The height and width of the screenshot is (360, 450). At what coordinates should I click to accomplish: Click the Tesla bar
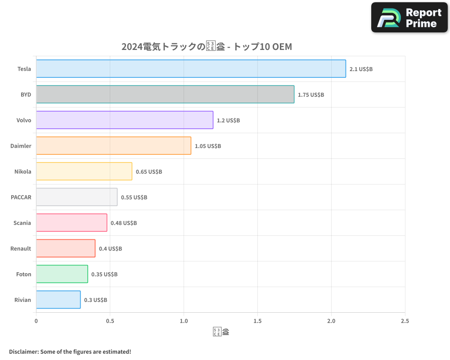191,69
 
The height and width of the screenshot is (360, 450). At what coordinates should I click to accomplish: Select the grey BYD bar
165,94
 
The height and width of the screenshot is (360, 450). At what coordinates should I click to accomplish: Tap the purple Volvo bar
125,120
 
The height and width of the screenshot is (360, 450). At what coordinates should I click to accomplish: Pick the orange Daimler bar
113,146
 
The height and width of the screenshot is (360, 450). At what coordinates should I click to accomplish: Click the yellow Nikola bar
84,171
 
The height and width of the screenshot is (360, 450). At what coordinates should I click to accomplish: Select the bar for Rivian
58,300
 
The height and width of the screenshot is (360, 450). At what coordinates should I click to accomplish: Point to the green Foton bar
62,274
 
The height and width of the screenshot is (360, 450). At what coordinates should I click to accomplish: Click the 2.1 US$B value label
361,69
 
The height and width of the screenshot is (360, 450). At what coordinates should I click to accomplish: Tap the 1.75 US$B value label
311,95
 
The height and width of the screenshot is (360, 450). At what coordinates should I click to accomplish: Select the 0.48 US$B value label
124,223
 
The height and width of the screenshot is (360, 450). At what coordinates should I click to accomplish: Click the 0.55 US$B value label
134,198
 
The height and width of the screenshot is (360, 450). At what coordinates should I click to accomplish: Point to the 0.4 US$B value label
110,249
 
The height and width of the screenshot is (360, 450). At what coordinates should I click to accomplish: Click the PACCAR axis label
21,197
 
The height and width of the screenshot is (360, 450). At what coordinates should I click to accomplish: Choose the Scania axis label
22,223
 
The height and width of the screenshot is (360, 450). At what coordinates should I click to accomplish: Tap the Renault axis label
21,248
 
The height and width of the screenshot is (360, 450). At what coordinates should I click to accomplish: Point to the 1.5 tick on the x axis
257,321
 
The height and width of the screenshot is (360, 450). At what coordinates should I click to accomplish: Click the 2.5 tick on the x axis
405,321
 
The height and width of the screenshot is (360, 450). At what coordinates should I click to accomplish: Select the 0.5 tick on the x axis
110,321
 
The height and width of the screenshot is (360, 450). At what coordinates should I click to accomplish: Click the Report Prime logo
409,18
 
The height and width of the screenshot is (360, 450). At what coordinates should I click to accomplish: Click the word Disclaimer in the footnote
23,351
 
